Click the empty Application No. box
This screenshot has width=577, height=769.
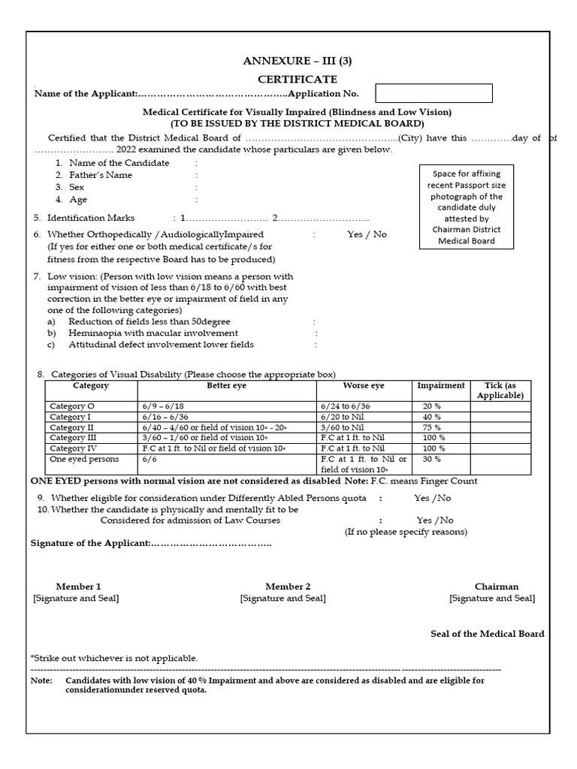434,93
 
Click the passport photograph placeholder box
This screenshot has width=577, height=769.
466,207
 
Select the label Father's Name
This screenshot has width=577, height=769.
100,175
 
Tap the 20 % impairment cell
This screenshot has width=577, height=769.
432,406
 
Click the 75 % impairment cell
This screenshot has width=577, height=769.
432,427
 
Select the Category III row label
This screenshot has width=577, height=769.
74,437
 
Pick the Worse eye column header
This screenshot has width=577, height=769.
364,386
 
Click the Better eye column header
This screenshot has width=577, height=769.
226,386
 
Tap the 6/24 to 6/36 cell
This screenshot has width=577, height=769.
346,406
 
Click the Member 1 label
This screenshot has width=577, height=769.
78,587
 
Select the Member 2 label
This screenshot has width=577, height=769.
288,587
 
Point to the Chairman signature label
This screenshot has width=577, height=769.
496,587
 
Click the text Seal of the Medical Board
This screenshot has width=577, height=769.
488,634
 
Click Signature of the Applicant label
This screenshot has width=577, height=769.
90,543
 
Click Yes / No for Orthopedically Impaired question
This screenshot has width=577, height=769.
367,234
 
